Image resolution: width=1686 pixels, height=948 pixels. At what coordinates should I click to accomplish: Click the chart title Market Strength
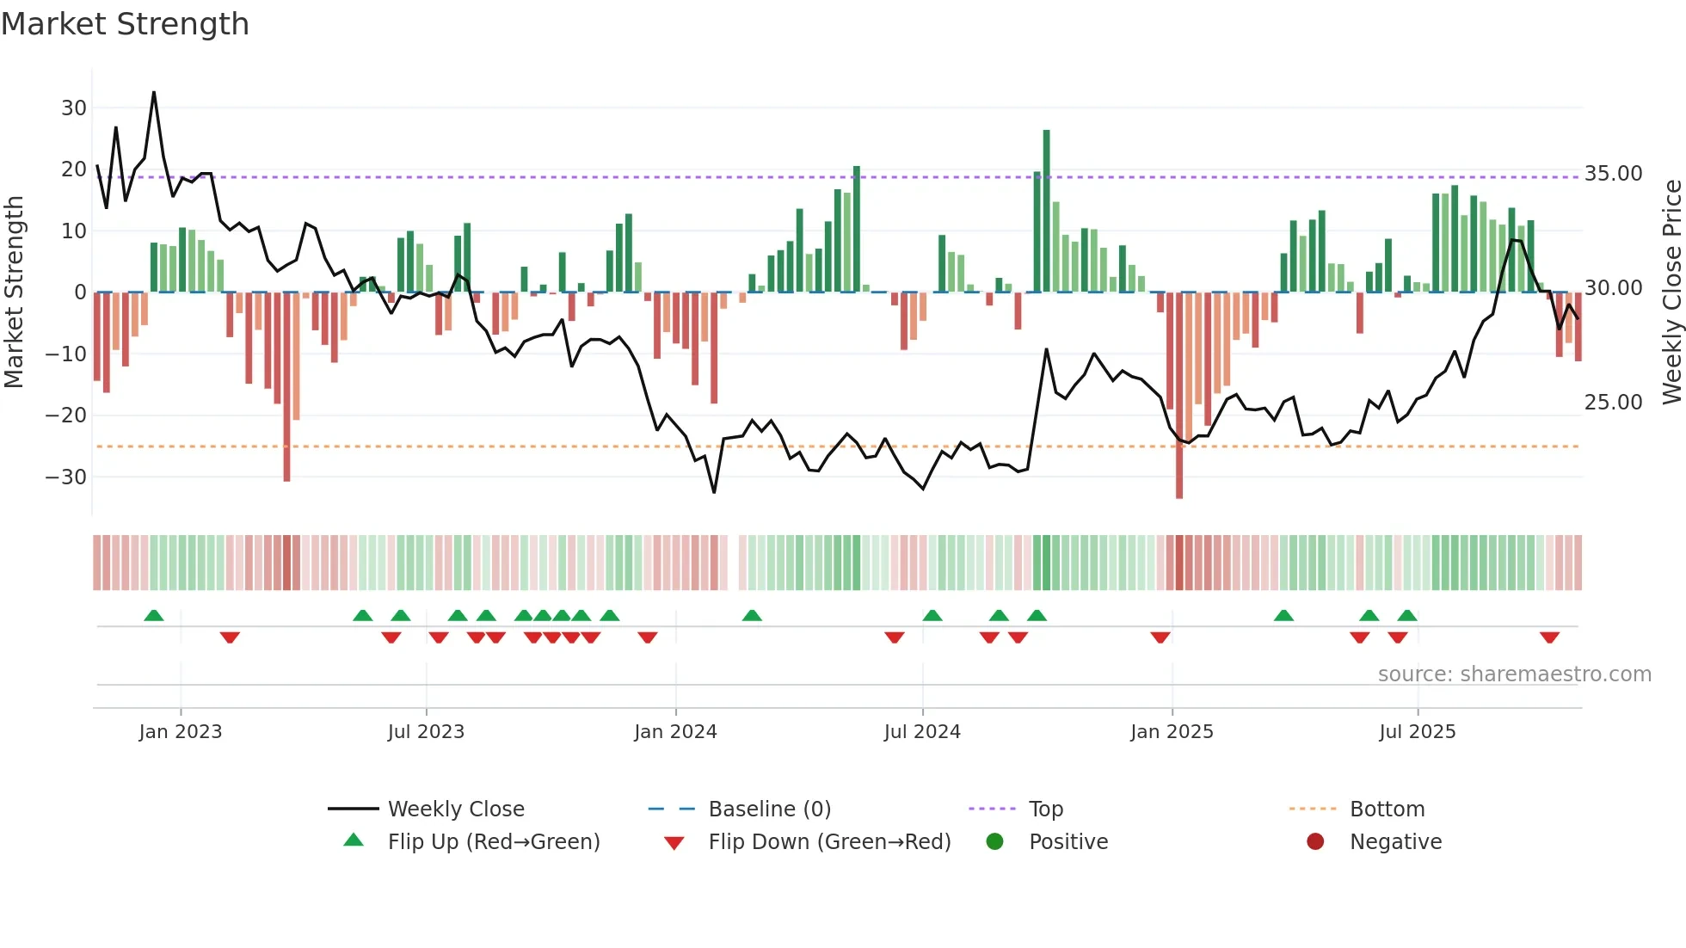tap(125, 24)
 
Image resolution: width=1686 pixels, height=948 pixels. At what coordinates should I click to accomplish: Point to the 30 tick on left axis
tap(74, 108)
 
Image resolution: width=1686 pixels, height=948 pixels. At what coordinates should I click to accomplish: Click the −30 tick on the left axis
tap(67, 477)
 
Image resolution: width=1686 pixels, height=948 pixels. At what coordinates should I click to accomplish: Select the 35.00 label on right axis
tap(1613, 174)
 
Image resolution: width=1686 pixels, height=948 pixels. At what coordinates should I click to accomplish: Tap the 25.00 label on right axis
tap(1613, 403)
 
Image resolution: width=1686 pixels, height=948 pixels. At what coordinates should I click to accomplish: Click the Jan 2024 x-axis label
tap(675, 732)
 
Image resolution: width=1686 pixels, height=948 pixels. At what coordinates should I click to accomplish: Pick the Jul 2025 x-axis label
tap(1417, 732)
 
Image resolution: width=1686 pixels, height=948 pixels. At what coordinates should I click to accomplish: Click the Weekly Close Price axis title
tap(1671, 292)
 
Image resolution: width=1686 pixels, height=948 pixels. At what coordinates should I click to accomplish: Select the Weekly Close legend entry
tap(455, 809)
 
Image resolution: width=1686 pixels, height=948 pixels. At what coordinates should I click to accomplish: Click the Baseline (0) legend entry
tap(769, 809)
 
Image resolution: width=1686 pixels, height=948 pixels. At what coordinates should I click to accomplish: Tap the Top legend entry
tap(1045, 809)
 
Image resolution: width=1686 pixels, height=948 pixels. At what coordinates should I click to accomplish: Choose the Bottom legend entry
tap(1387, 809)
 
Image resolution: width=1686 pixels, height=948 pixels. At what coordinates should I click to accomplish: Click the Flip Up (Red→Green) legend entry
tap(493, 842)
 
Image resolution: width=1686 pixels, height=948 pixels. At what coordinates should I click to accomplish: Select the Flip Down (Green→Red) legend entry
tap(828, 842)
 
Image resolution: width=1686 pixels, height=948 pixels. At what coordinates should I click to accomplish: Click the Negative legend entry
tap(1394, 842)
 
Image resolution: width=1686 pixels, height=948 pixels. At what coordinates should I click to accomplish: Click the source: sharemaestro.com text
tap(1514, 674)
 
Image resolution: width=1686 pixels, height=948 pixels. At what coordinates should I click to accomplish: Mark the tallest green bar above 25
tap(1046, 211)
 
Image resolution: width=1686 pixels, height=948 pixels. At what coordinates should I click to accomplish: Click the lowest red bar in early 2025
tap(1179, 396)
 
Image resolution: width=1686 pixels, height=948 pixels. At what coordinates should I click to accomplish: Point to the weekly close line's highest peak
tap(154, 93)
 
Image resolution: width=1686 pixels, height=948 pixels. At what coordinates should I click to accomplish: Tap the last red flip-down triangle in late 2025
tap(1549, 637)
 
